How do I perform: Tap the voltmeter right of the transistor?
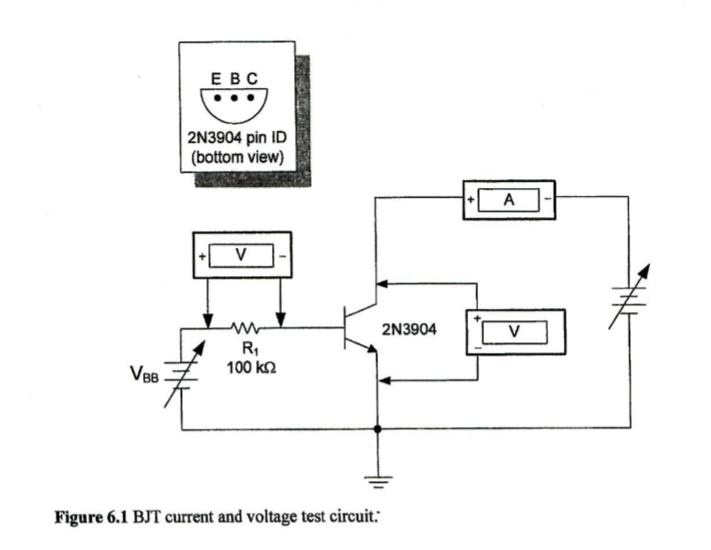[514, 331]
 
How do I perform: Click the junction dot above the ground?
[378, 430]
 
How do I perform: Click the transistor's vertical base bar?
[344, 328]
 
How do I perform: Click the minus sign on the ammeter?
[548, 200]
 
